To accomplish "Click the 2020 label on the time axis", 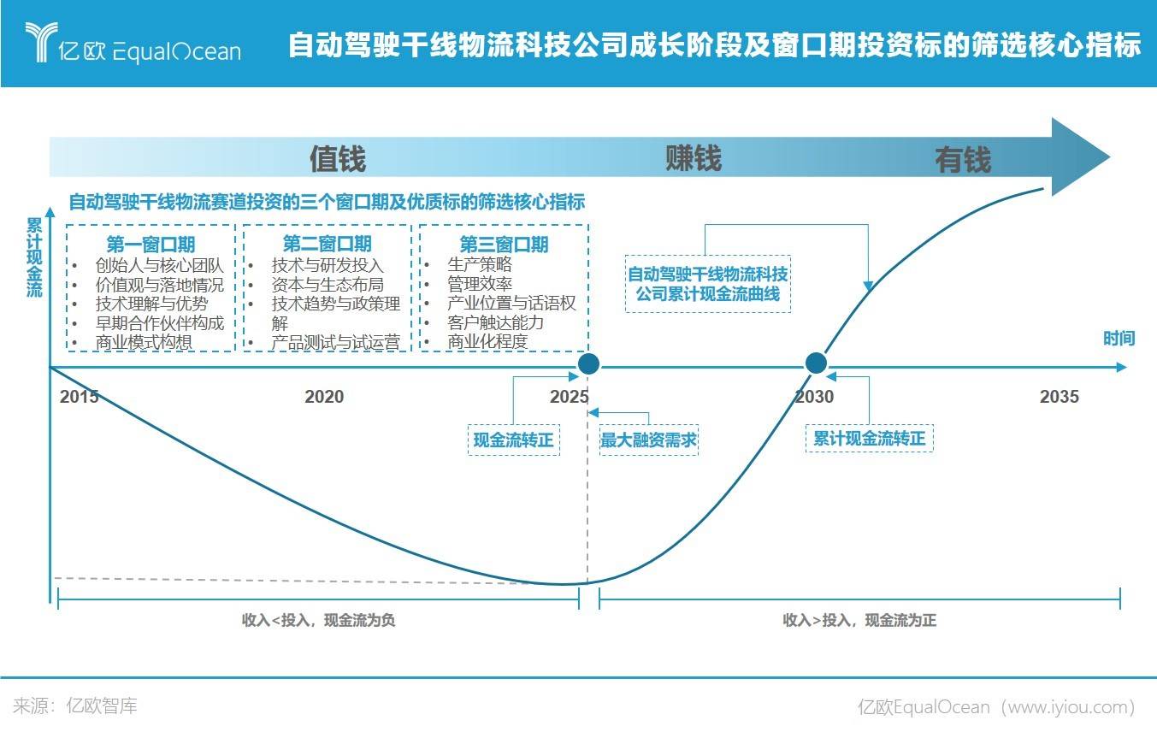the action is click(x=324, y=396).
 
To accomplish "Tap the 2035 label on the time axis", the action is click(x=1060, y=396).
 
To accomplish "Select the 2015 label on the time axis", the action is click(x=79, y=396).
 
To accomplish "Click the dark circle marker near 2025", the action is click(x=588, y=364).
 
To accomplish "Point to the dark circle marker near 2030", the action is click(x=816, y=363).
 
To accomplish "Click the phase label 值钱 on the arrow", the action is click(x=338, y=158).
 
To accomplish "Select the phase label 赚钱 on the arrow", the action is click(x=694, y=157).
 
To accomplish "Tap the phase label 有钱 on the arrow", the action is click(x=963, y=160).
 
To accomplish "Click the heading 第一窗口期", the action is click(x=151, y=245).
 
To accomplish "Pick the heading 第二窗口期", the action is click(x=328, y=244).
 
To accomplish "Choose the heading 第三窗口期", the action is click(x=505, y=245).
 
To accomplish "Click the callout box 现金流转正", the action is click(x=513, y=440).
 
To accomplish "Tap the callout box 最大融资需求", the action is click(x=649, y=440).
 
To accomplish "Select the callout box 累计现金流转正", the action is click(x=870, y=439).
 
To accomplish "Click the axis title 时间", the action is click(x=1119, y=339).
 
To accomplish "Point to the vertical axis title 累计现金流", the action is click(x=34, y=257).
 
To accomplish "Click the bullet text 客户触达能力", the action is click(x=495, y=323).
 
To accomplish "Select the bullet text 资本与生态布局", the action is click(x=328, y=285).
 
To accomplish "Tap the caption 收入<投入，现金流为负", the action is click(x=319, y=620).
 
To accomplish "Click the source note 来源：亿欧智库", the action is click(x=75, y=706).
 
